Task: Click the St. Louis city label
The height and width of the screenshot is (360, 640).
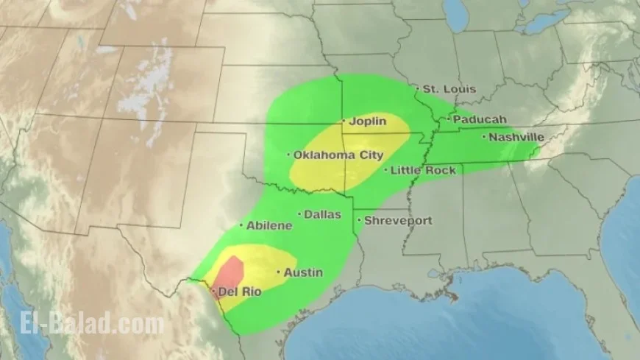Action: point(449,89)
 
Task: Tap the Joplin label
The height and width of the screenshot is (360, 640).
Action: point(367,121)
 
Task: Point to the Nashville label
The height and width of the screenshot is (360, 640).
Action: point(516,137)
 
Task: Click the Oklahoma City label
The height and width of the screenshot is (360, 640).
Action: point(338,155)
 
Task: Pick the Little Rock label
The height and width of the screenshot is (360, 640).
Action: point(422,171)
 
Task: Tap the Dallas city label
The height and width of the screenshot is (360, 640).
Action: point(323,215)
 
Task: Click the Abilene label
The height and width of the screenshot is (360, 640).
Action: point(269,225)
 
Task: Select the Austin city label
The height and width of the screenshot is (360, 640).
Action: point(303,273)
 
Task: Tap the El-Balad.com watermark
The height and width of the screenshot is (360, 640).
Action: point(83,324)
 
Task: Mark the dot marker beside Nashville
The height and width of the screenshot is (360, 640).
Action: point(484,136)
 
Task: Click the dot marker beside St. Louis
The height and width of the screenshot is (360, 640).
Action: point(417,88)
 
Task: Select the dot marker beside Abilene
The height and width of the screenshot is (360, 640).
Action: point(241,225)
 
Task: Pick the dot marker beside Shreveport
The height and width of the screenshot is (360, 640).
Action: point(359,220)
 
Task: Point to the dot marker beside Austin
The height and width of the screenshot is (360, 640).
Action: point(278,272)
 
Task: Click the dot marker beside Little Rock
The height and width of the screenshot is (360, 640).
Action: point(385,170)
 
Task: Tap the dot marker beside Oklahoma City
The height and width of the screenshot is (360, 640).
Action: point(288,155)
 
